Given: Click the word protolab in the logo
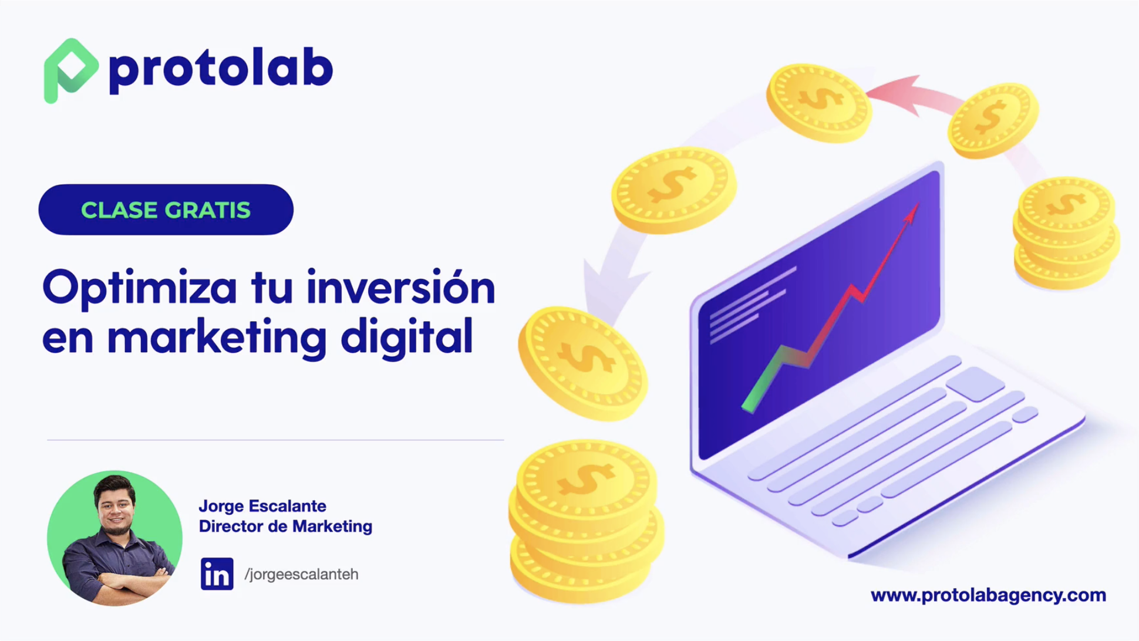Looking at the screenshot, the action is click(221, 69).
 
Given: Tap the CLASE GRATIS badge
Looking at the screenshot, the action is click(166, 210).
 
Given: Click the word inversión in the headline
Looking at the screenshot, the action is click(401, 287).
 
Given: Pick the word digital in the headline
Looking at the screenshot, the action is click(407, 336).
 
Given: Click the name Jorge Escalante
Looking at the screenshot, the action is click(262, 506).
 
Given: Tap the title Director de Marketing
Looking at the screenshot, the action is click(285, 526).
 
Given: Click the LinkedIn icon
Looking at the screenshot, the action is click(217, 573).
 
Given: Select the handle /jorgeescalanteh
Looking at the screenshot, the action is click(301, 574).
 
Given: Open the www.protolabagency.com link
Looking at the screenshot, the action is click(988, 595).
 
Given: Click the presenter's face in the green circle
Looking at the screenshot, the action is click(116, 505).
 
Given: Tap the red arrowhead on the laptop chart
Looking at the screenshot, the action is click(912, 212).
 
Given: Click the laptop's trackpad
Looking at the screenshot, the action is click(975, 384).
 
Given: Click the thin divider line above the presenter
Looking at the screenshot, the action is click(275, 440).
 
